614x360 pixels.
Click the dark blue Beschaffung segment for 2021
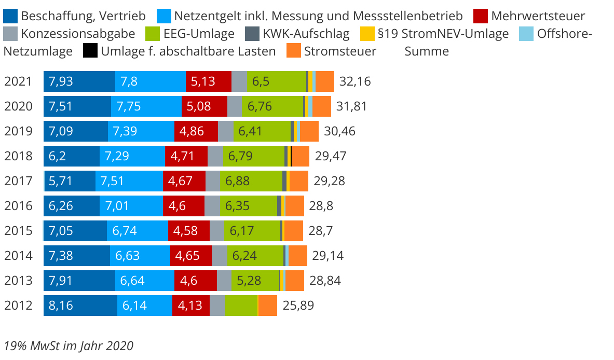[79, 81]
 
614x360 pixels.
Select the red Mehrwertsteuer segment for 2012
[190, 306]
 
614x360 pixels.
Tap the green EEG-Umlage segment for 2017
[251, 181]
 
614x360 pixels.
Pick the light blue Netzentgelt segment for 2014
[140, 256]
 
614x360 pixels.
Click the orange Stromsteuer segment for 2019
[309, 131]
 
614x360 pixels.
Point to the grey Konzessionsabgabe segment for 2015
[216, 231]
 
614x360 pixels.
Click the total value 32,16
[355, 81]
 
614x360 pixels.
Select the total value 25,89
[298, 306]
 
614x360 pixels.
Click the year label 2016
[18, 206]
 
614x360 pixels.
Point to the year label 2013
[18, 281]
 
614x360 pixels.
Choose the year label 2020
[18, 106]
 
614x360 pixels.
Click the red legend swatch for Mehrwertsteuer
[481, 16]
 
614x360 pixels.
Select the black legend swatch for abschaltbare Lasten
[90, 51]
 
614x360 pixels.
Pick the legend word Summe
[426, 51]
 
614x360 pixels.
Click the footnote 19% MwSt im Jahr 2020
[69, 345]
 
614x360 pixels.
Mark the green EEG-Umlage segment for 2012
[241, 306]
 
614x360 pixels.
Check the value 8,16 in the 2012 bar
[61, 306]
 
